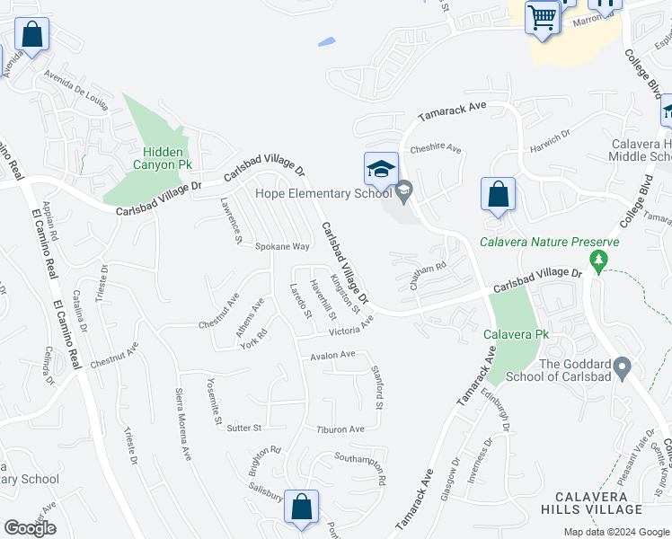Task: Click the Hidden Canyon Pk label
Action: pyautogui.click(x=163, y=158)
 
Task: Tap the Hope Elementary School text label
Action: pyautogui.click(x=323, y=191)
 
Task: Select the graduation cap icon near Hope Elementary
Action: pyautogui.click(x=381, y=168)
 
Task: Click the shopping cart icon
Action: pyautogui.click(x=543, y=17)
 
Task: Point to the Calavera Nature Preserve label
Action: pyautogui.click(x=549, y=242)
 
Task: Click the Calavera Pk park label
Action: pyautogui.click(x=515, y=335)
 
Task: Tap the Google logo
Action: pyautogui.click(x=30, y=528)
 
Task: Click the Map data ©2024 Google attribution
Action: pyautogui.click(x=615, y=532)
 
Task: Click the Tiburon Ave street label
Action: pyautogui.click(x=340, y=429)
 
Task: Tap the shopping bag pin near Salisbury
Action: pyautogui.click(x=302, y=507)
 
